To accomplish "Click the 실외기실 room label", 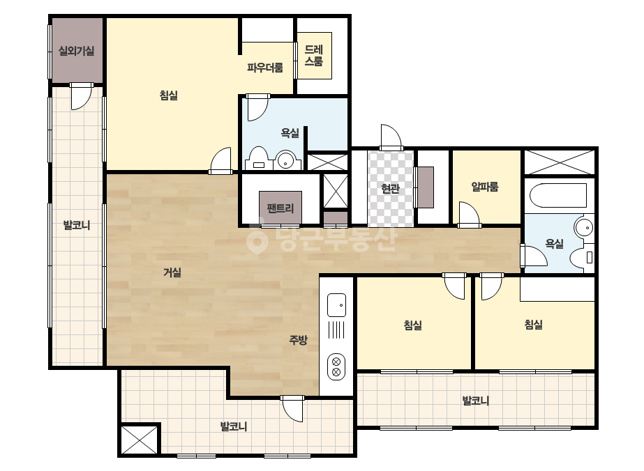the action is click(76, 51).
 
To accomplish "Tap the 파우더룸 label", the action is click(265, 68).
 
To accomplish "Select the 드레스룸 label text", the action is click(314, 55).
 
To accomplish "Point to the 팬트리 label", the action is click(280, 208).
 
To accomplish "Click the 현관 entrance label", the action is click(390, 188).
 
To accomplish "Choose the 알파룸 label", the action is click(485, 187).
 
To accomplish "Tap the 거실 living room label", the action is click(172, 272).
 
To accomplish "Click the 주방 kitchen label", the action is click(298, 340).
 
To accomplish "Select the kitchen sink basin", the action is click(336, 305).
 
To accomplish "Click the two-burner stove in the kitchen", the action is click(336, 366).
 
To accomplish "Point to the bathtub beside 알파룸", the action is click(557, 196).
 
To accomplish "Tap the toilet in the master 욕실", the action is click(258, 158).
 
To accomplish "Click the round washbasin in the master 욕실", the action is click(285, 160).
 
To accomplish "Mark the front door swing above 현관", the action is click(390, 137).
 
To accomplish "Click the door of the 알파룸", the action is click(469, 213).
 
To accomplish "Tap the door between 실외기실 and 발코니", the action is click(82, 97).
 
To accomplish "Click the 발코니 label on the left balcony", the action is click(76, 225).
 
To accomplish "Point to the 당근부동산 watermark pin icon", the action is click(257, 239).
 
